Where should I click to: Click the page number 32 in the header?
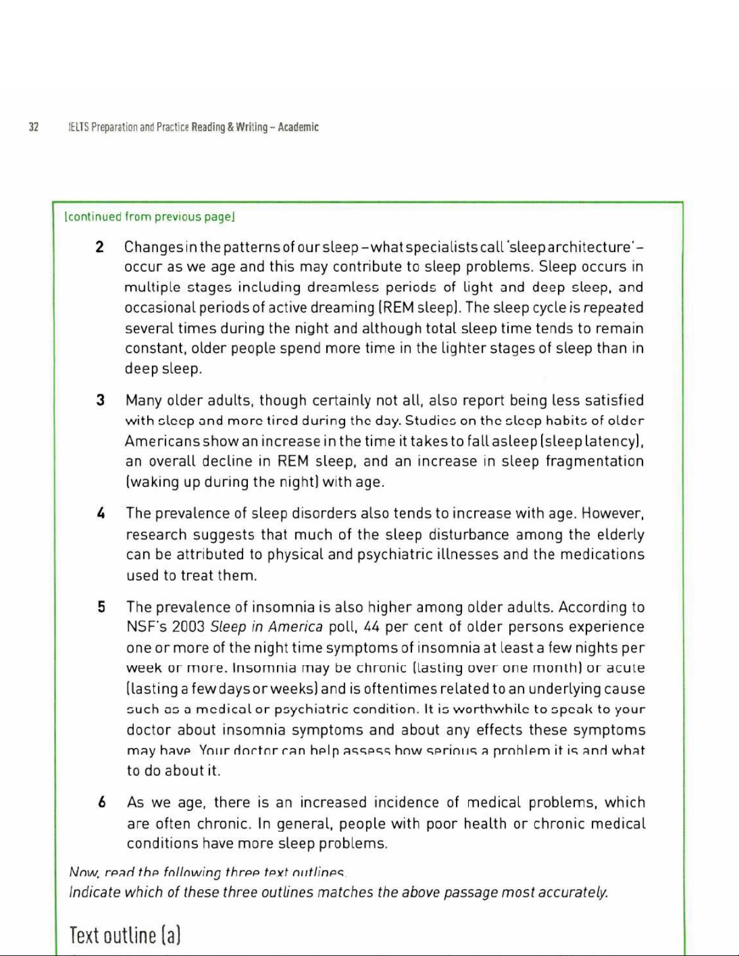pos(34,127)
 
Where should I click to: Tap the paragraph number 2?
pos(100,247)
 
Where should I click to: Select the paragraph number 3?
pos(101,400)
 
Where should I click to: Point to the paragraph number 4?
pos(101,514)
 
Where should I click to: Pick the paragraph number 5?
pos(101,607)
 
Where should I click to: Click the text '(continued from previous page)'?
pos(149,217)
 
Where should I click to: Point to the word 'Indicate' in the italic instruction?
pos(94,892)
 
